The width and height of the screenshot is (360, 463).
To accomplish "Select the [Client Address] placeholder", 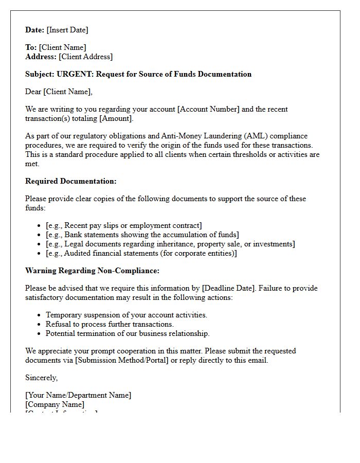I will coord(85,57).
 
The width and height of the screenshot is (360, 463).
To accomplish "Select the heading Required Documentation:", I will coord(71,181).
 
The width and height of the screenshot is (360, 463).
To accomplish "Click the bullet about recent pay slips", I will coord(123,225).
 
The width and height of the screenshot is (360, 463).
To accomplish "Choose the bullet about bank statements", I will coord(142,235).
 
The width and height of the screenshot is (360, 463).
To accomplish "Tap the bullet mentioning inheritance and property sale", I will coord(170,244).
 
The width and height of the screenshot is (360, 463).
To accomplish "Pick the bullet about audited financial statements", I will coord(141,253).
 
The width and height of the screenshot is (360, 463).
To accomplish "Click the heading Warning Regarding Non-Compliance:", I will coord(92,271).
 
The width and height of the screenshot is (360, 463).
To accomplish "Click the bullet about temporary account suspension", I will coord(126,315).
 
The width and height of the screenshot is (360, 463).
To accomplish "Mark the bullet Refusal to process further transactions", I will coord(110,324).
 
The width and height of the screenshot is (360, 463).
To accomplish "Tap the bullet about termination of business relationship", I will coord(128,333).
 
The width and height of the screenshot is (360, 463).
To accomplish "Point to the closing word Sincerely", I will coord(41,378).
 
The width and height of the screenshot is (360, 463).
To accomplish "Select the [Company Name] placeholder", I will coord(55,404).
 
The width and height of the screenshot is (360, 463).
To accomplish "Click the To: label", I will coord(31,47).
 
